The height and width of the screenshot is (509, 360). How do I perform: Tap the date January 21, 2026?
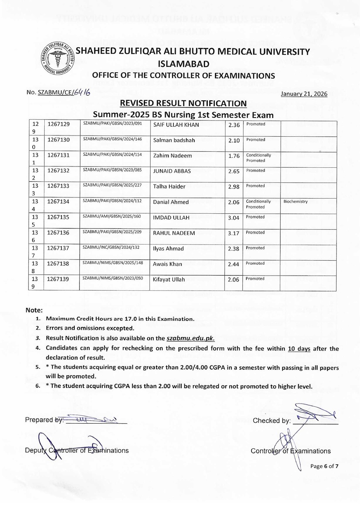(x=304, y=94)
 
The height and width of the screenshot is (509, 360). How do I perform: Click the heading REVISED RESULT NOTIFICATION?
(x=183, y=104)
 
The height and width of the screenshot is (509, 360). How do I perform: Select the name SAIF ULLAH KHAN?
(x=174, y=125)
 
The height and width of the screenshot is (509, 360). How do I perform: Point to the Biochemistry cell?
(x=296, y=202)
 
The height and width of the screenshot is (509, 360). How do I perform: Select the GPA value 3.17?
(x=234, y=233)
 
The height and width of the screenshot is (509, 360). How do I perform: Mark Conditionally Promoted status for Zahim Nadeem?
(x=258, y=158)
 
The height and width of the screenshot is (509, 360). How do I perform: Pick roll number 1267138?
(x=58, y=264)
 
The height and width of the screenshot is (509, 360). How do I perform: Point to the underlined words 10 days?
(x=299, y=348)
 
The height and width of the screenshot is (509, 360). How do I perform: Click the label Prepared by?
(x=44, y=420)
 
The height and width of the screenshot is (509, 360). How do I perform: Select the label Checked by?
(x=271, y=421)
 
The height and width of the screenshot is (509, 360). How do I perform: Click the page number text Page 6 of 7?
(x=324, y=466)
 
